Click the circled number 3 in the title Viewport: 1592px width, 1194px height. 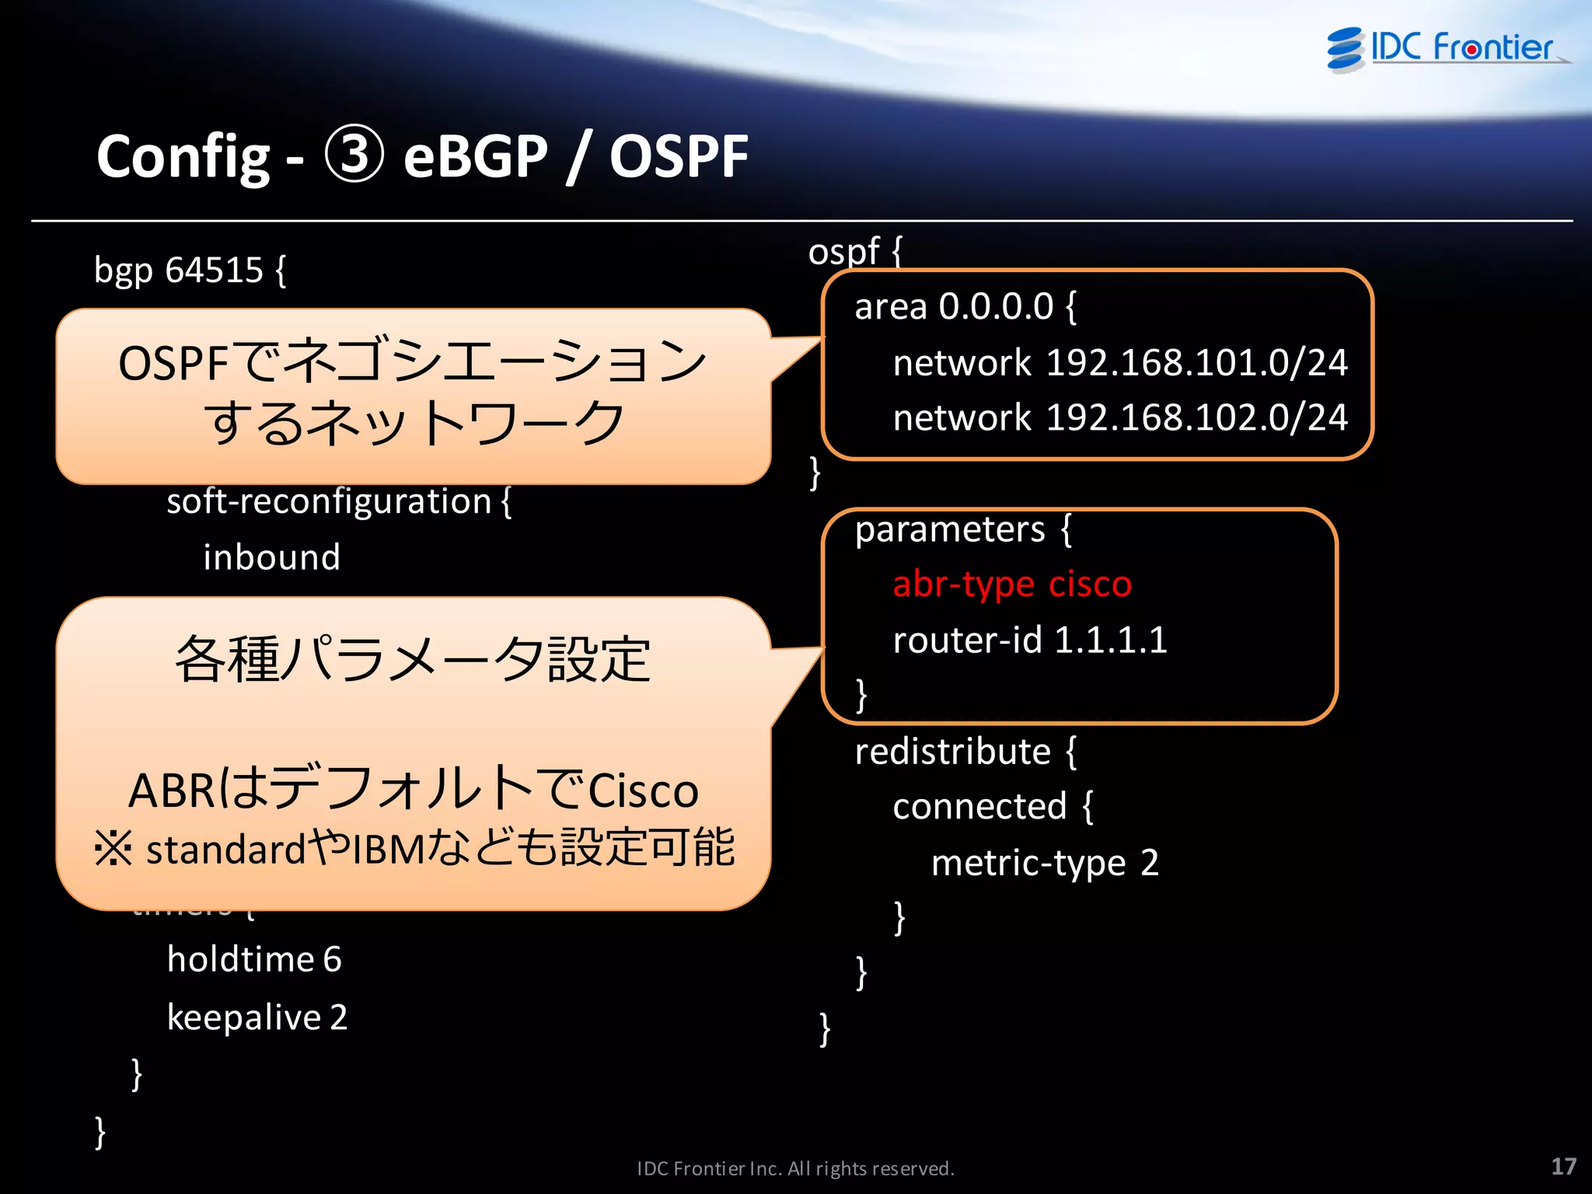click(354, 155)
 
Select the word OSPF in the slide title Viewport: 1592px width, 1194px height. click(678, 157)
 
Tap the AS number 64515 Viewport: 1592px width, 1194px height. click(214, 271)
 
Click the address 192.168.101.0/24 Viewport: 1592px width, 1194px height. click(1196, 363)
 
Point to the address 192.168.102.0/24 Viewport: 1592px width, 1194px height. click(1196, 418)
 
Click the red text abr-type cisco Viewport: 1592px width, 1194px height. click(1011, 585)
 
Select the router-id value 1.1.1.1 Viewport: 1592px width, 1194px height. click(1110, 641)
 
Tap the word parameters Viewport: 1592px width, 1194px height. click(950, 530)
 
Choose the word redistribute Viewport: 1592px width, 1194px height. click(952, 752)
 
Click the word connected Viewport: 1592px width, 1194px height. click(979, 807)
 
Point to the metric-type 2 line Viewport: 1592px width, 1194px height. click(1044, 863)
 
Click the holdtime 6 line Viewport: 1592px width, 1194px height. click(254, 959)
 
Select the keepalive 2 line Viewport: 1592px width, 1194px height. click(257, 1018)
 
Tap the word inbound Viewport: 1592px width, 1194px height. click(271, 557)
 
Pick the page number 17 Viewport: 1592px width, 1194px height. click(1563, 1166)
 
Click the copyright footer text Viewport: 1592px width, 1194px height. click(795, 1168)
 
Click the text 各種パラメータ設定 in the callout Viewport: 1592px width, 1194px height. click(412, 659)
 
